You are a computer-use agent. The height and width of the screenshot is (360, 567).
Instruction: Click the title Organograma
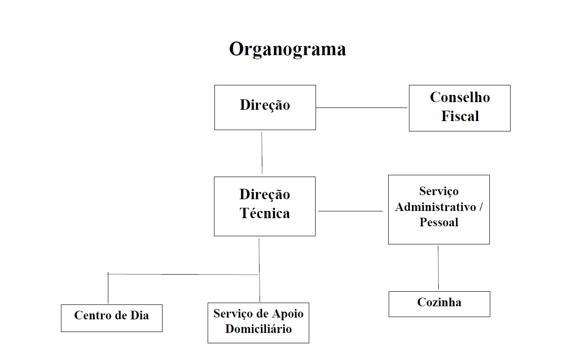pyautogui.click(x=287, y=49)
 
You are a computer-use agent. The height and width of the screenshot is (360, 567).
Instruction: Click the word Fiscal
pyautogui.click(x=460, y=116)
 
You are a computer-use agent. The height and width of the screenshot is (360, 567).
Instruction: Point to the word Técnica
pyautogui.click(x=265, y=213)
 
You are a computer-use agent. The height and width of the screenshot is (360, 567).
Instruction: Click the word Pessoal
pyautogui.click(x=439, y=222)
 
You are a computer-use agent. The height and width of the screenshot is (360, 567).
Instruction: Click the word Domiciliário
pyautogui.click(x=258, y=329)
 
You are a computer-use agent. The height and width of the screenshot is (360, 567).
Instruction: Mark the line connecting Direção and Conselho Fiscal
pyautogui.click(x=361, y=108)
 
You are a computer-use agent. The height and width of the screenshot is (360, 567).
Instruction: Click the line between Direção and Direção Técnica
pyautogui.click(x=262, y=153)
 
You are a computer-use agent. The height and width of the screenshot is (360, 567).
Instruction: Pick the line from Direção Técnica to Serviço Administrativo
pyautogui.click(x=351, y=211)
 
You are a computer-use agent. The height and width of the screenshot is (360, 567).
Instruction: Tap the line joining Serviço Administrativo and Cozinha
pyautogui.click(x=438, y=267)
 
